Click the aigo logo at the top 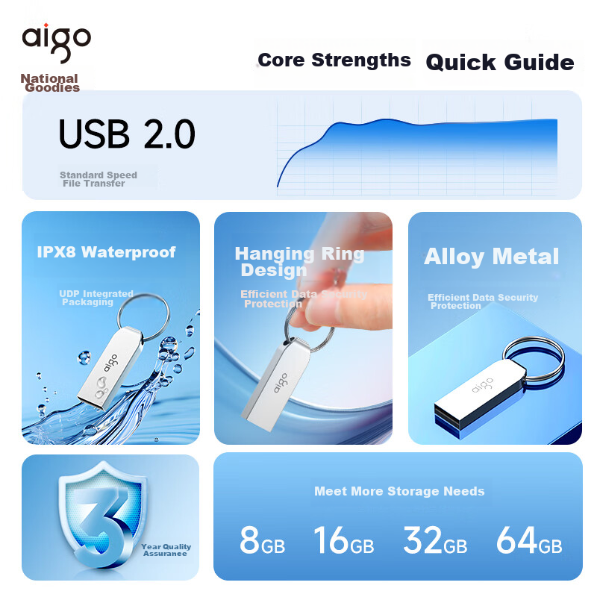[57, 43]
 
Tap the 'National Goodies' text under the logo [50, 83]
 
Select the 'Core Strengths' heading [334, 60]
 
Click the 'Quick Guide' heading [500, 62]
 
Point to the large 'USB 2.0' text [127, 134]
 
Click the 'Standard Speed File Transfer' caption [99, 179]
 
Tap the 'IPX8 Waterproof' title [106, 252]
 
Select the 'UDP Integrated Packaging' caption [96, 298]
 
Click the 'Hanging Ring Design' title [300, 262]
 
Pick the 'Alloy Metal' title [492, 256]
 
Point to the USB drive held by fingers [275, 384]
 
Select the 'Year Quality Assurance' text [166, 550]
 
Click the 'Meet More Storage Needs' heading [399, 491]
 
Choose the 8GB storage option [263, 540]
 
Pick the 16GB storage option [344, 540]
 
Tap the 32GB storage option [435, 540]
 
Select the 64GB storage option [529, 540]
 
